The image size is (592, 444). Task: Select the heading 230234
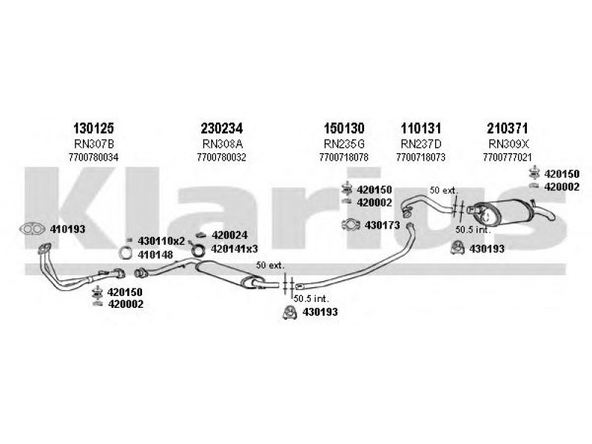click(221, 128)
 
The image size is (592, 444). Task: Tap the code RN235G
click(343, 143)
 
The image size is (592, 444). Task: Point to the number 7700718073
click(420, 157)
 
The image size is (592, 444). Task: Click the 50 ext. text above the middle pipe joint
click(269, 265)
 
